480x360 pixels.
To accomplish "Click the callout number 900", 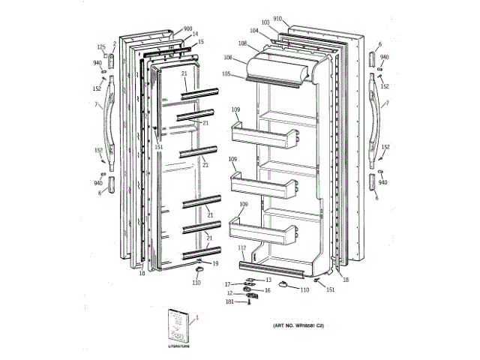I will (x=187, y=28).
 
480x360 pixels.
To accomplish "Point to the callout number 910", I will (x=277, y=17).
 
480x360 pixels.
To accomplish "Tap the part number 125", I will (x=101, y=47).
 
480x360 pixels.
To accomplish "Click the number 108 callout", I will (x=243, y=43).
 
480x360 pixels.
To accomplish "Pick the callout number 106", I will (x=227, y=58).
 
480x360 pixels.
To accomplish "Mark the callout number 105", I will (x=226, y=74).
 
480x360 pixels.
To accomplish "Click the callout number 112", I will (x=241, y=247).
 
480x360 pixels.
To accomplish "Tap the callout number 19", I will (x=214, y=263).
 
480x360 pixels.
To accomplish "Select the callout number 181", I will (x=230, y=301).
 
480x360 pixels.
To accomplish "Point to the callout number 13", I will (x=268, y=279).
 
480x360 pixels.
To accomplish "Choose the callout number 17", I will (x=227, y=284).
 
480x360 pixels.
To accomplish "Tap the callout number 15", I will (x=200, y=42).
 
